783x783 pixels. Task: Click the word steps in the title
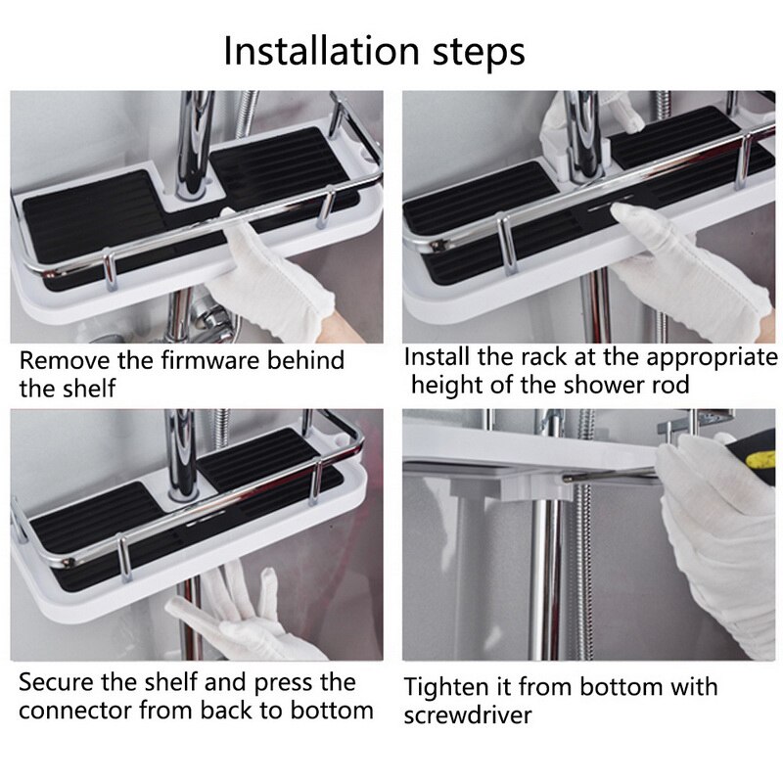tap(477, 53)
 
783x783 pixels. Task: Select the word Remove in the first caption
tap(61, 360)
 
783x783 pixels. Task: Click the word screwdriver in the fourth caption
tap(468, 715)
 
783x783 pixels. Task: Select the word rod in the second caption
tap(669, 385)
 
